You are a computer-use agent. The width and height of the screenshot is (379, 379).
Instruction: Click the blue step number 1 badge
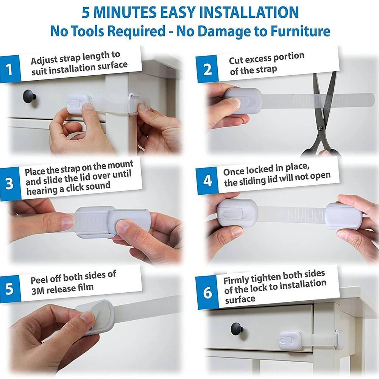(10, 69)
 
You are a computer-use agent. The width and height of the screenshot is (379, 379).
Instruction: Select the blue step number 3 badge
(10, 184)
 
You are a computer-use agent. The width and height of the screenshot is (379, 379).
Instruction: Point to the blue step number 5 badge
(10, 289)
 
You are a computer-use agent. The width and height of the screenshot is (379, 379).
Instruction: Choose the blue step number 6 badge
(207, 293)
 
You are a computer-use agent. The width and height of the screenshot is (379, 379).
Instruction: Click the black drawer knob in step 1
(30, 96)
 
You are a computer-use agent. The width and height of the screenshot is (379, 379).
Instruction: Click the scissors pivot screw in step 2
(321, 128)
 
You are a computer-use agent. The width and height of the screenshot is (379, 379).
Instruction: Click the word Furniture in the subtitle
(300, 31)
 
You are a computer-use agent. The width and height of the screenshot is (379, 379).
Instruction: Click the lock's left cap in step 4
(237, 213)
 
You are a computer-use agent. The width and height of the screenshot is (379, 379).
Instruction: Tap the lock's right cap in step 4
(343, 216)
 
